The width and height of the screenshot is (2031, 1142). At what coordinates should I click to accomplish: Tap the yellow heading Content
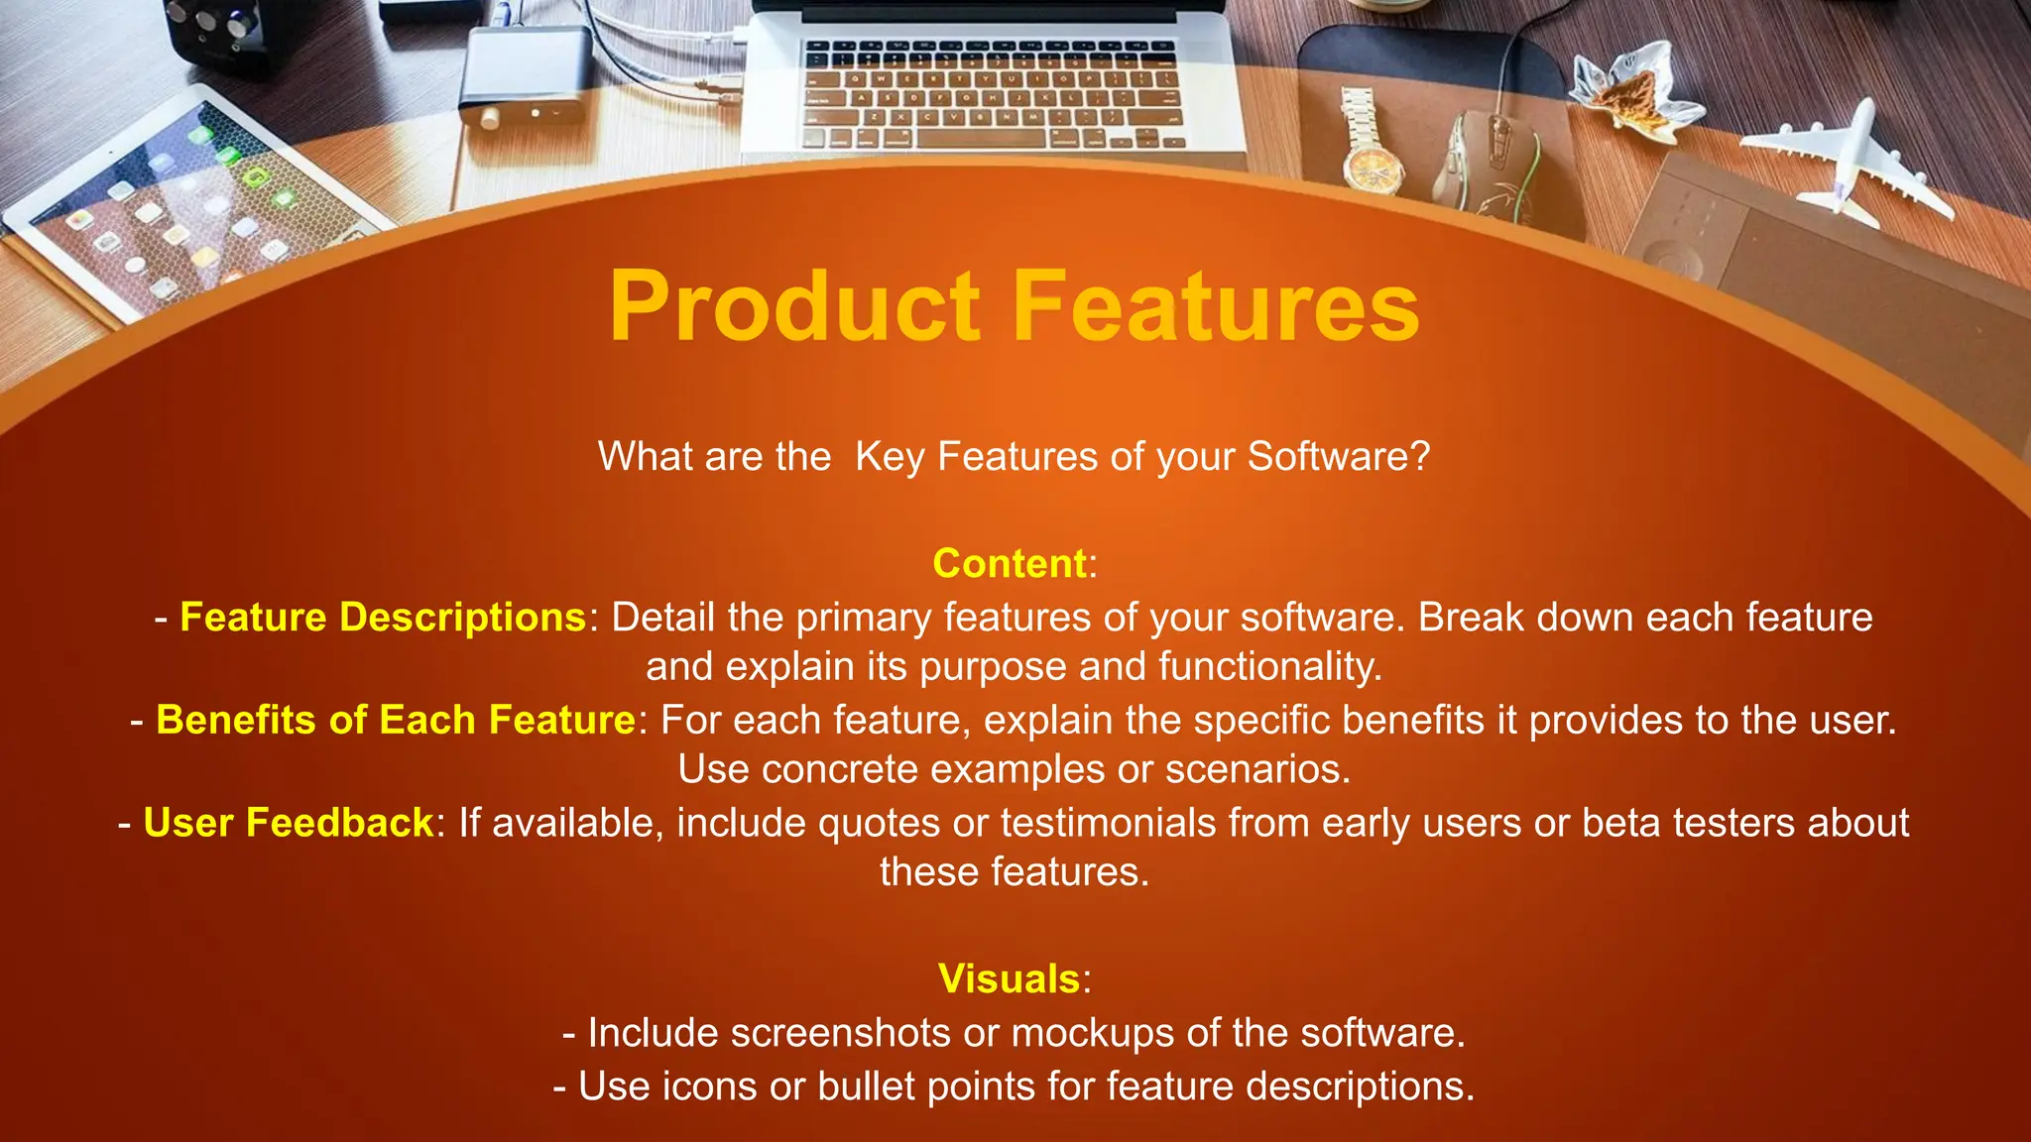point(1010,563)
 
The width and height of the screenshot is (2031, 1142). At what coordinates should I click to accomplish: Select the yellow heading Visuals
point(1009,978)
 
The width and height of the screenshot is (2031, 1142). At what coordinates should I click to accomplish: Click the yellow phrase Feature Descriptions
point(383,617)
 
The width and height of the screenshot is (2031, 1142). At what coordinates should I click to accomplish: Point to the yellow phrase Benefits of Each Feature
point(395,720)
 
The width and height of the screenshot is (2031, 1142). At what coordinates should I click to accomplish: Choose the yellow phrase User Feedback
point(288,823)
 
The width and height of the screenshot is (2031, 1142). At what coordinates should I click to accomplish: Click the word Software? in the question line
point(1338,456)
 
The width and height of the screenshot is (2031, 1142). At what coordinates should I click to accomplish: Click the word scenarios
point(1256,769)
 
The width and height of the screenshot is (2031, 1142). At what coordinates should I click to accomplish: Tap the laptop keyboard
point(992,94)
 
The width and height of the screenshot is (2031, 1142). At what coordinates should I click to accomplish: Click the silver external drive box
point(526,74)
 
